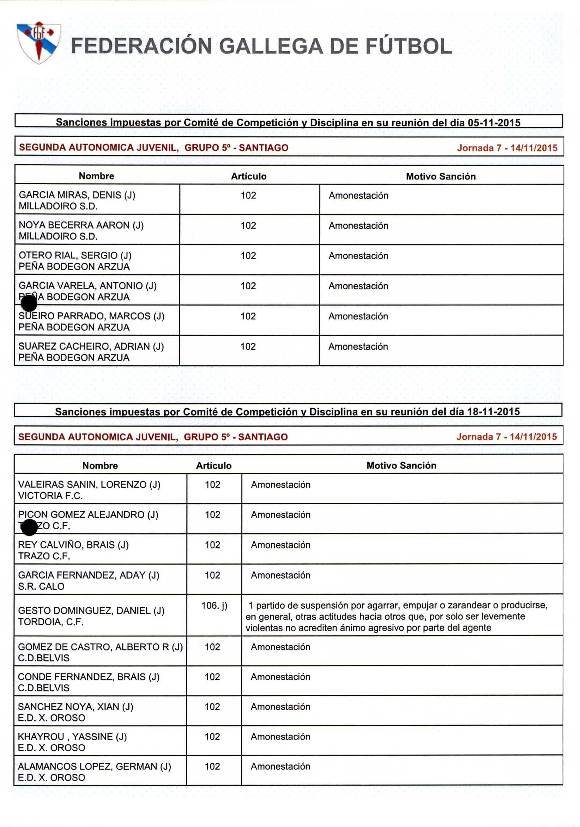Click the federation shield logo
pyautogui.click(x=38, y=42)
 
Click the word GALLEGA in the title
pyautogui.click(x=271, y=47)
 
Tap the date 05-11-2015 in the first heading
pyautogui.click(x=494, y=123)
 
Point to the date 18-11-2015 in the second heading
pyautogui.click(x=493, y=412)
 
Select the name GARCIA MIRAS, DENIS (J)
pyautogui.click(x=77, y=195)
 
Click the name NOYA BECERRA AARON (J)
pyautogui.click(x=81, y=225)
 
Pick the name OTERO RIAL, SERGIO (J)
pyautogui.click(x=75, y=255)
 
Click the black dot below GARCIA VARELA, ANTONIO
pyautogui.click(x=29, y=303)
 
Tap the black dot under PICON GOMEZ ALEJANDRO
pyautogui.click(x=29, y=527)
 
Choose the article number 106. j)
pyautogui.click(x=214, y=606)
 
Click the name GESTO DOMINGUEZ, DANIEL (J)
pyautogui.click(x=91, y=611)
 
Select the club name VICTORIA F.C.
pyautogui.click(x=50, y=496)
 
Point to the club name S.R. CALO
pyautogui.click(x=41, y=587)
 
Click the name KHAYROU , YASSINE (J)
pyautogui.click(x=72, y=737)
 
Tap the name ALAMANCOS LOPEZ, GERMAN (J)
pyautogui.click(x=94, y=767)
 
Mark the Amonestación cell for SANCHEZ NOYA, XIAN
pyautogui.click(x=280, y=707)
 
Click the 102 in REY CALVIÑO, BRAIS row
pyautogui.click(x=212, y=545)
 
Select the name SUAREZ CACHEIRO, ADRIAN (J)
pyautogui.click(x=91, y=346)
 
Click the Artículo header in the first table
pyautogui.click(x=249, y=176)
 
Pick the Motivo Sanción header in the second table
pyautogui.click(x=401, y=465)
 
